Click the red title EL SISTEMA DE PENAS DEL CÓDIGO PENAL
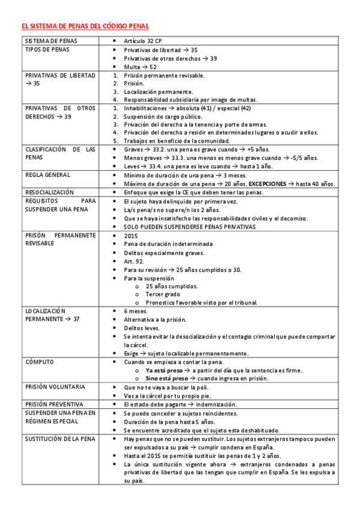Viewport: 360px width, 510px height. point(85,27)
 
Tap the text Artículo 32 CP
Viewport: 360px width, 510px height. point(143,41)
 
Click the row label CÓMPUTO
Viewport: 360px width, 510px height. point(40,362)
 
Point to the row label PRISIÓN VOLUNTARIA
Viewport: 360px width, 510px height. point(55,387)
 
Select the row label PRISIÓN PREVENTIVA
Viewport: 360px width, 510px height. point(55,404)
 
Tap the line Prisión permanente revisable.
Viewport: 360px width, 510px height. point(164,75)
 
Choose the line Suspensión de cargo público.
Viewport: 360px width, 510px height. point(163,116)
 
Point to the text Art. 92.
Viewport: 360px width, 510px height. point(134,262)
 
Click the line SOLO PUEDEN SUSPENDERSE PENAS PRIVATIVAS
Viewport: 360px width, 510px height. point(189,227)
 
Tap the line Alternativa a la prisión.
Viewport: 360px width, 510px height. point(155,319)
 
